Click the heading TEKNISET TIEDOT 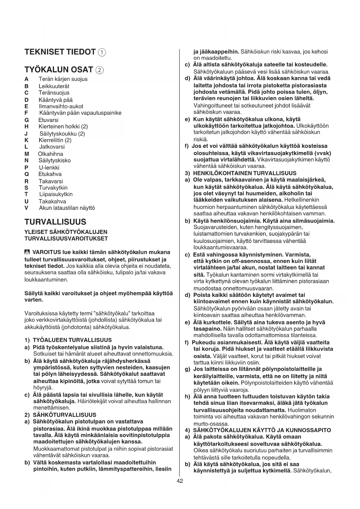pos(60,52)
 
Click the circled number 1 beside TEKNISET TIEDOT pos(102,53)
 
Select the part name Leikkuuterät pos(54,86)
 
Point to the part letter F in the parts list pos(26,113)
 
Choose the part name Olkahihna pos(50,154)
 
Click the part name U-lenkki pos(49,167)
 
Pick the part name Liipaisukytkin pos(56,194)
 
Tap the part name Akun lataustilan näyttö pos(67,208)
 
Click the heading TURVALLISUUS pos(55,222)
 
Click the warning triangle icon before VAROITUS pos(28,252)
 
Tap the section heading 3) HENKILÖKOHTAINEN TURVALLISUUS pos(241,173)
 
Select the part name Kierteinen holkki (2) pos(63,127)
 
